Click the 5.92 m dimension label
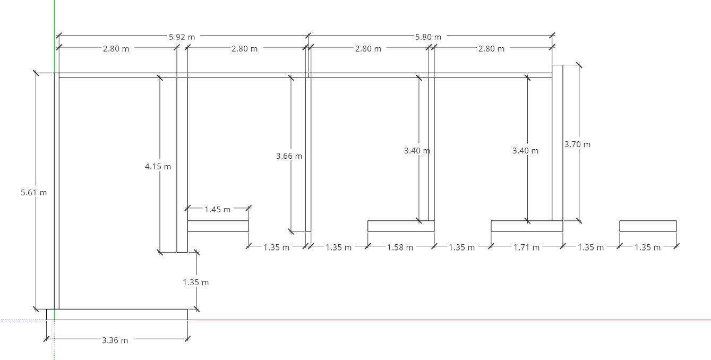click(x=182, y=37)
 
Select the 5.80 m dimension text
click(x=428, y=37)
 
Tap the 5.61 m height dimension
click(x=33, y=192)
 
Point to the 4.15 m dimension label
click(x=158, y=166)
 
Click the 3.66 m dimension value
click(x=289, y=156)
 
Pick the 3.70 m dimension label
click(x=577, y=144)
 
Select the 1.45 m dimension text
click(x=217, y=210)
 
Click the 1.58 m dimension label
click(x=400, y=247)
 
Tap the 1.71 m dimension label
click(x=527, y=247)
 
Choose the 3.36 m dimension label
click(x=115, y=340)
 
